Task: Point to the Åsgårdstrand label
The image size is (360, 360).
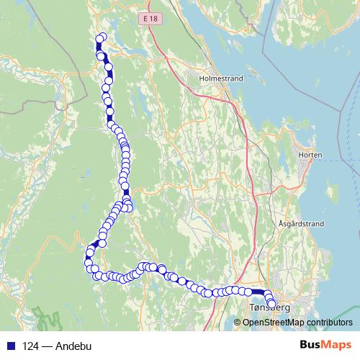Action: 298,224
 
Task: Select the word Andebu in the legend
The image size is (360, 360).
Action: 75,345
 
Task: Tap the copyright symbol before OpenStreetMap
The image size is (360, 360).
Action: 238,322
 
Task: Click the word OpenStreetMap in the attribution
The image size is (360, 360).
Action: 271,322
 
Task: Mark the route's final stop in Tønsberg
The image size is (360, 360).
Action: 272,303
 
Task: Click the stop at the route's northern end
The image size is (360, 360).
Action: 102,37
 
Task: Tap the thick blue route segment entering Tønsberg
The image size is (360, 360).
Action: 256,292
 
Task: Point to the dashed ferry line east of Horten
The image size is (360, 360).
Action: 338,115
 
